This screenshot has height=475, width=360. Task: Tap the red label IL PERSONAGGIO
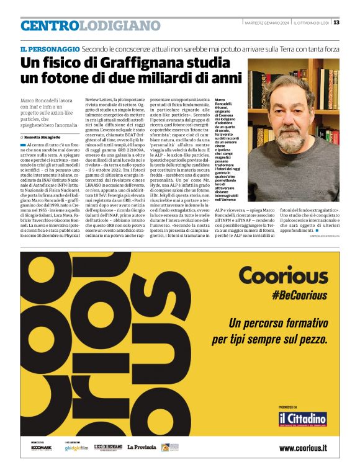(49, 48)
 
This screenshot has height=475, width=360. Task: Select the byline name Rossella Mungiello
(43, 136)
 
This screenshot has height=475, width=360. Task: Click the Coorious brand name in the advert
(282, 275)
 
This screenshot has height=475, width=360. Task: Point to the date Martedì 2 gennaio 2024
(266, 23)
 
